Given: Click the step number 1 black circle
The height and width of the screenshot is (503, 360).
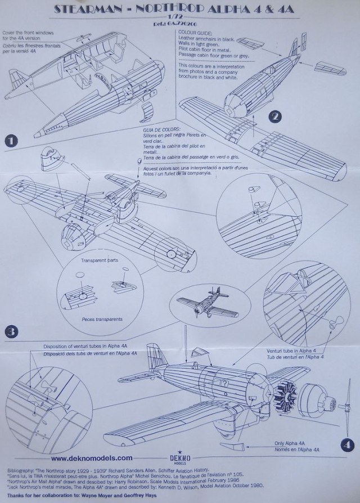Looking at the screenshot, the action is coord(11,138).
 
